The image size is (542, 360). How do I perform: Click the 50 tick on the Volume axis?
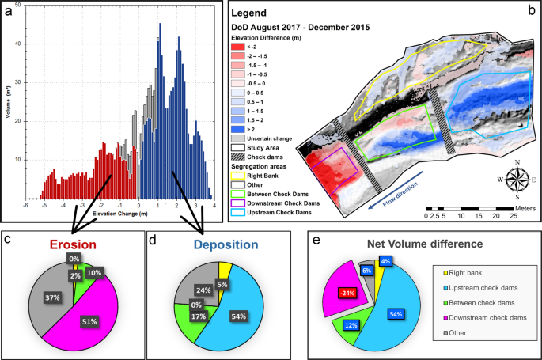(x=17, y=6)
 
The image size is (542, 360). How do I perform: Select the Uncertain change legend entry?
(x=263, y=138)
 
